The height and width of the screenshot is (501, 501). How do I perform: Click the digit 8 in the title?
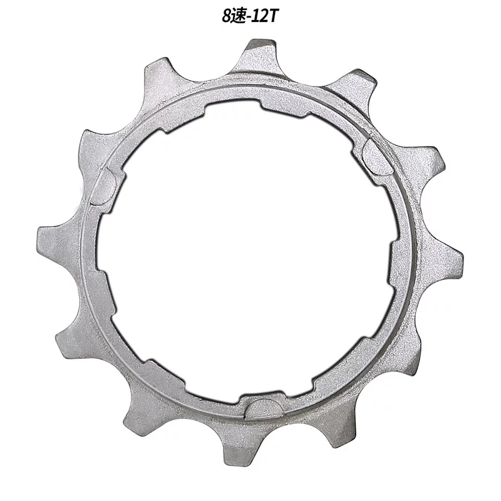click(x=227, y=16)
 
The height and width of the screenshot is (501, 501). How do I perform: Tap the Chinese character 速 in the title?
click(x=238, y=16)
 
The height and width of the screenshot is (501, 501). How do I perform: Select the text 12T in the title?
click(x=262, y=16)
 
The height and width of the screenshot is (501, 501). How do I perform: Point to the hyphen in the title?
click(x=248, y=18)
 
